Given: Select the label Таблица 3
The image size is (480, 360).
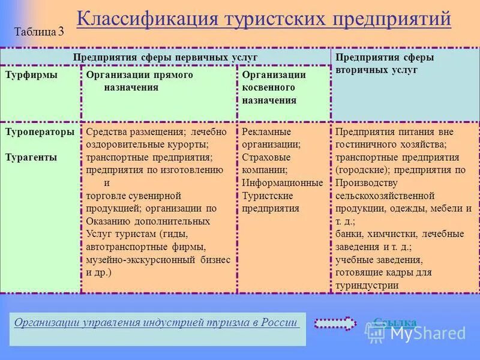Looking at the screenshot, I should click(39, 32).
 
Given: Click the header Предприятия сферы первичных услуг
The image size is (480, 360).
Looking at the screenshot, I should click(165, 57).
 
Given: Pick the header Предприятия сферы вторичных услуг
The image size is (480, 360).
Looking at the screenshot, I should click(384, 64).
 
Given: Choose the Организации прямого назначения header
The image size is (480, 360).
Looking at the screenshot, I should click(139, 81).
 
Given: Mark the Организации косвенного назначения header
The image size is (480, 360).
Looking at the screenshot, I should click(274, 88).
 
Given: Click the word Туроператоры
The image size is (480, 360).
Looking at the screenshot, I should click(40, 131).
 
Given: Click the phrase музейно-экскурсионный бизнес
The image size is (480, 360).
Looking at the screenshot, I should click(158, 259).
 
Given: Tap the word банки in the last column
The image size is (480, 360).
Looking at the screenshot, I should click(348, 233).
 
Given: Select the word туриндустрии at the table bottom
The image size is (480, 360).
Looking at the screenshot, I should click(367, 286).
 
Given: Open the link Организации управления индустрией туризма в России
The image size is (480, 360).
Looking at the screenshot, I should click(156, 322).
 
